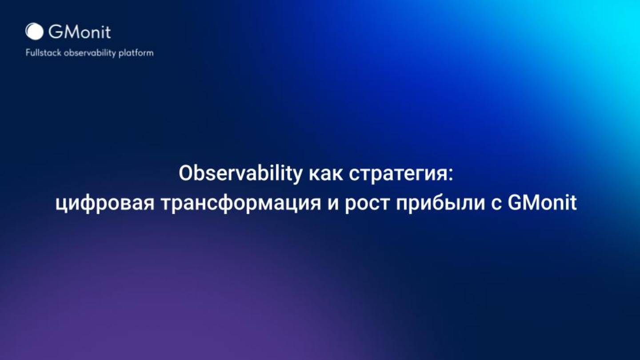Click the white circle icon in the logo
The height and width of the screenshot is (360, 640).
click(34, 32)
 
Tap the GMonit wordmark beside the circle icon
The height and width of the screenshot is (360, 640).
click(80, 32)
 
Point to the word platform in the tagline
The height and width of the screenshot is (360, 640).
click(136, 53)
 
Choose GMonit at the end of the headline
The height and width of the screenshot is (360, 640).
click(542, 203)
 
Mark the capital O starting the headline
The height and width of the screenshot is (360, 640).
click(185, 174)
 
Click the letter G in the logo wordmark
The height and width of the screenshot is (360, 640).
click(55, 32)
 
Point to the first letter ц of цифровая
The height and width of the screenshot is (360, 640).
click(61, 205)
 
